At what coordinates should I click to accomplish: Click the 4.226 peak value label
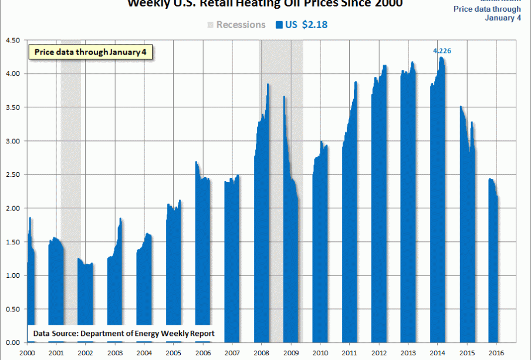442,51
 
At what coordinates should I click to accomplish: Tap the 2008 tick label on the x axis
262,354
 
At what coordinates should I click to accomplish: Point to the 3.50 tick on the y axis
12,107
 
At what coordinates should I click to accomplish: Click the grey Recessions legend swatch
211,25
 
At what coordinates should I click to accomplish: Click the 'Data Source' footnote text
123,334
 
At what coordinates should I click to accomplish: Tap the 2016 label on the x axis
495,354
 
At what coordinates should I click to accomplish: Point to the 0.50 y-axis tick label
12,309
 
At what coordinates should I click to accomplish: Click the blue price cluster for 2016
493,264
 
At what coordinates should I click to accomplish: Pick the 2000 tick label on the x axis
27,354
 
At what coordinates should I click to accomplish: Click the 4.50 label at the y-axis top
12,41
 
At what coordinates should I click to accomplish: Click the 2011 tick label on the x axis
349,354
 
